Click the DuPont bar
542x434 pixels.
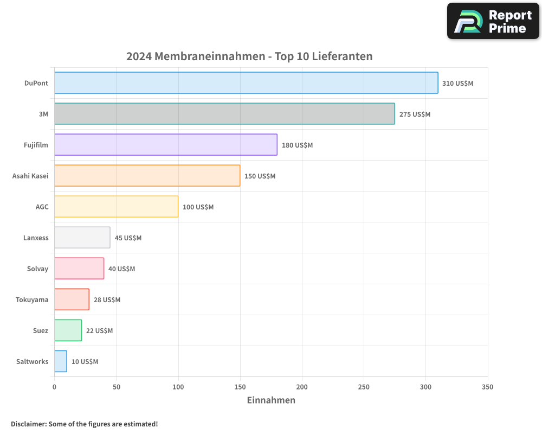coord(246,83)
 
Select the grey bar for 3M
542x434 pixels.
coord(224,114)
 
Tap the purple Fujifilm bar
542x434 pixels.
coord(166,145)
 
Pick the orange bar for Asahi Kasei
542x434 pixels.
coord(147,176)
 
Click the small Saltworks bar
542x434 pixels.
coord(61,361)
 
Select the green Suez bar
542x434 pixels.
coord(68,330)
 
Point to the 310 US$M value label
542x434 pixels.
coord(457,84)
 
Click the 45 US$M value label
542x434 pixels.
coord(128,238)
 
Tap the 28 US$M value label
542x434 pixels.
coord(107,300)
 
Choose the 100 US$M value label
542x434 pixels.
coord(198,207)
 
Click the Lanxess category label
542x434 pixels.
coord(36,238)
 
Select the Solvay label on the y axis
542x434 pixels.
coord(37,269)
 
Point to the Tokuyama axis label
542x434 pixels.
coord(32,300)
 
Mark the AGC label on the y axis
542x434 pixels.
coord(42,207)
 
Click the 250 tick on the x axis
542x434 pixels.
coord(364,387)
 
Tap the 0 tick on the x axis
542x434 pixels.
coord(54,387)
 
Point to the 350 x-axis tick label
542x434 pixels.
coord(487,387)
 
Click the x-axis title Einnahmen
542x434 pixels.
coord(271,400)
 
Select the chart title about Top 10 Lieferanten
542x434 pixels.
coord(249,56)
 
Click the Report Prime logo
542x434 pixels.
coord(493,21)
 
